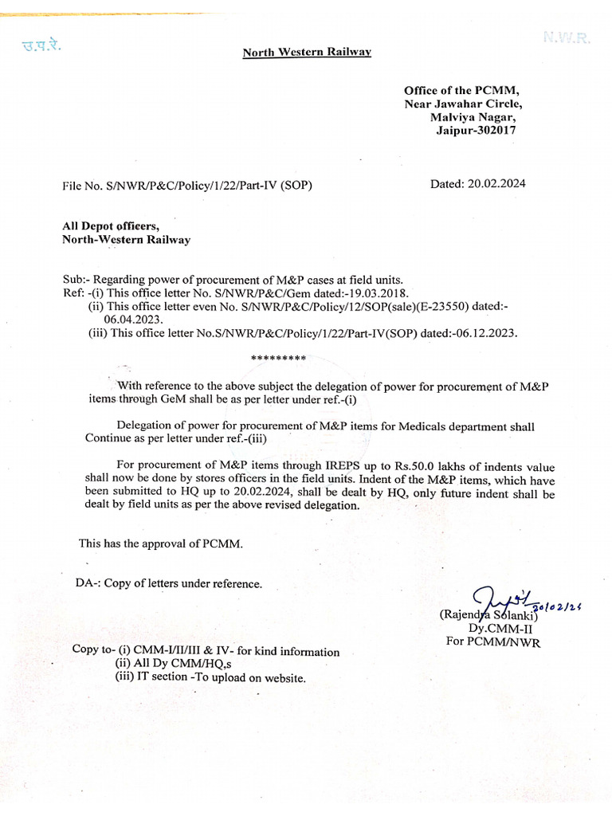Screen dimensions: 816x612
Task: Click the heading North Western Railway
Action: [307, 53]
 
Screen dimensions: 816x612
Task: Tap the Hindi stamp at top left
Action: [41, 45]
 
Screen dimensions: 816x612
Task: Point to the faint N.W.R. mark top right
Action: [567, 37]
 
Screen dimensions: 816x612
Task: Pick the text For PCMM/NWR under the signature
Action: [492, 641]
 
